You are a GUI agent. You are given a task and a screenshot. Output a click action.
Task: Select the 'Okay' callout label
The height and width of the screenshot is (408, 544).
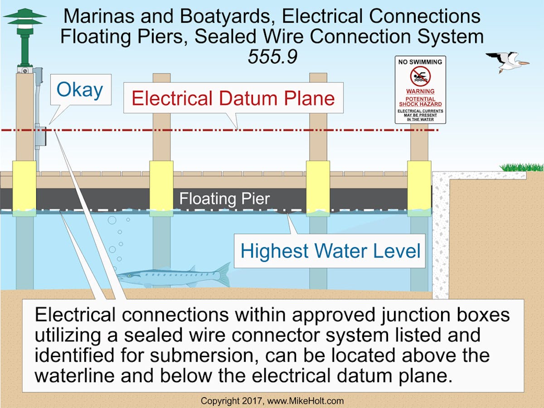(80, 90)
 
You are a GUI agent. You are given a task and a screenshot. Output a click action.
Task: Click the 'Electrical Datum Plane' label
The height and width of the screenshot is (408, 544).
(233, 98)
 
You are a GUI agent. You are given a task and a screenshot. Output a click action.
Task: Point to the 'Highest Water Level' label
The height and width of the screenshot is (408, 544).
(330, 251)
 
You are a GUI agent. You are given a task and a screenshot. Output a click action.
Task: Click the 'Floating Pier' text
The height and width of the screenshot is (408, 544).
(224, 199)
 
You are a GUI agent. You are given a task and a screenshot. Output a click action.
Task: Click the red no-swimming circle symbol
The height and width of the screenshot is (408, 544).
(420, 76)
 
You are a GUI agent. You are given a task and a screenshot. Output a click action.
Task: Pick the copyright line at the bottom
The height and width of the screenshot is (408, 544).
(272, 400)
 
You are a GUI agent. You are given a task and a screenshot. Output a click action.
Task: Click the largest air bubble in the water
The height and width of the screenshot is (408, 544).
(112, 221)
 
